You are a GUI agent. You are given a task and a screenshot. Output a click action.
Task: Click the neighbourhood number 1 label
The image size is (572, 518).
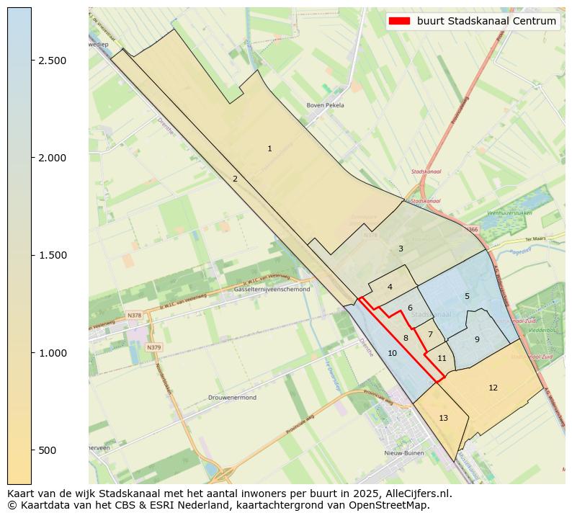pos(269,149)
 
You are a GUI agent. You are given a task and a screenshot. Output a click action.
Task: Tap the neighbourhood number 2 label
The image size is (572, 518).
pos(235,179)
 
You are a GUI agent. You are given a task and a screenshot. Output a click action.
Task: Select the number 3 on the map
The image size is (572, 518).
pos(401,249)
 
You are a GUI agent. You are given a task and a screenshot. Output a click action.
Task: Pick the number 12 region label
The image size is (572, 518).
pos(493,388)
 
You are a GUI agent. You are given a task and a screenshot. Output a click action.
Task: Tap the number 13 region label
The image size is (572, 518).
pos(443,418)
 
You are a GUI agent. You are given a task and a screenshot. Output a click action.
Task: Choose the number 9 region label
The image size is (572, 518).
pos(477,339)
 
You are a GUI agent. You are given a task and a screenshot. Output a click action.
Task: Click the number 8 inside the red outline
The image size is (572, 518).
pos(406,338)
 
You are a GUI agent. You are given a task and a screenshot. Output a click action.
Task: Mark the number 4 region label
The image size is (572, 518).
pos(390,287)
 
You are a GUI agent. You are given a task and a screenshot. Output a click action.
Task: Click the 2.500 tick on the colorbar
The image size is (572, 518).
pos(53,61)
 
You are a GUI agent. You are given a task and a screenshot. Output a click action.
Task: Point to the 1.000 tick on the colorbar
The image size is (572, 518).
pos(53,353)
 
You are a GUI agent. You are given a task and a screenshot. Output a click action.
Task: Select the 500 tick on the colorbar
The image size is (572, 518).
pos(48,450)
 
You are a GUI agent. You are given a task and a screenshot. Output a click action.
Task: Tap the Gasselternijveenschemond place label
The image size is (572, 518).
pos(272,289)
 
